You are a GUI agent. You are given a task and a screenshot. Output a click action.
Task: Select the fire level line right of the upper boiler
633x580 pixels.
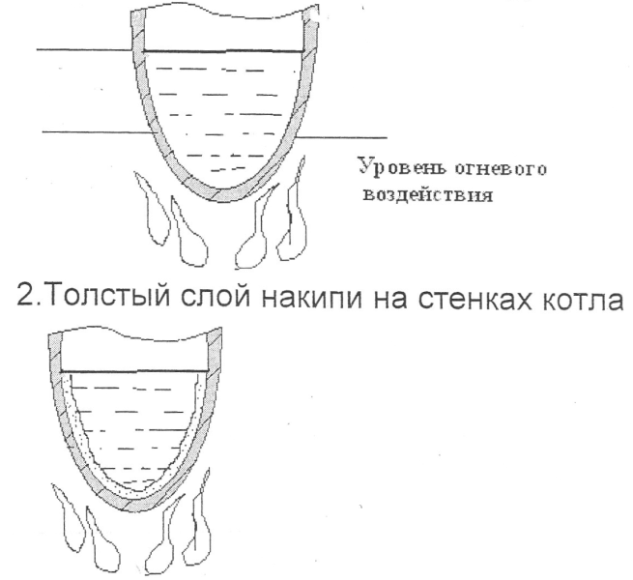(348, 135)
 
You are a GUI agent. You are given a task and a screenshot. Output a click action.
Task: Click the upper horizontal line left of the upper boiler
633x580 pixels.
(82, 49)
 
